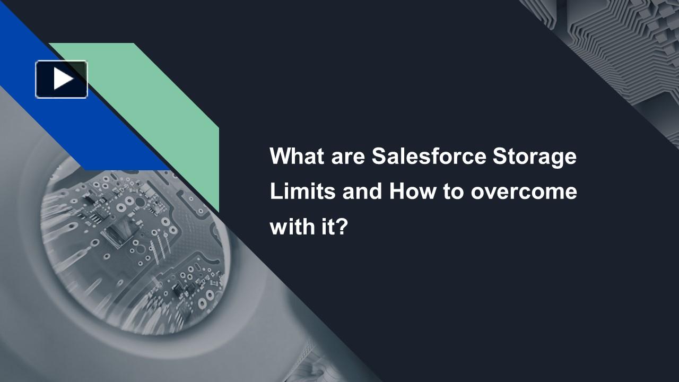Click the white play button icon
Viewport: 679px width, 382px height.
(63, 79)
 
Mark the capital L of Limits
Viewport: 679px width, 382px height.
(275, 192)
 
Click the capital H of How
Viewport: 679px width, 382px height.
(396, 192)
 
